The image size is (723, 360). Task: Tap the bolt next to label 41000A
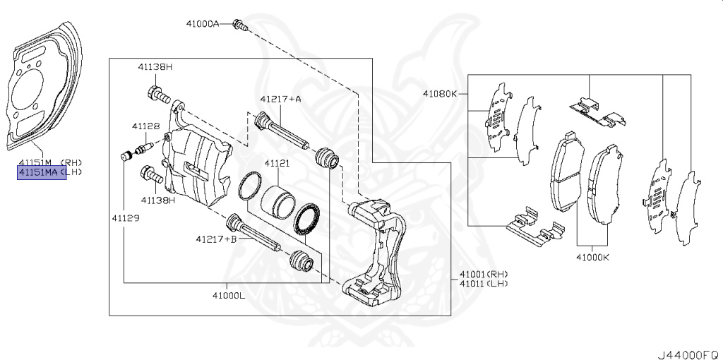[x=240, y=26]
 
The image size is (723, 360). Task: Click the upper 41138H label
[x=155, y=67]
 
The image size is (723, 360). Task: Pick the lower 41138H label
[x=157, y=200]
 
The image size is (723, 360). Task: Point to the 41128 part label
[x=145, y=126]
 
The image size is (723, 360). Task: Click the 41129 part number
[x=124, y=218]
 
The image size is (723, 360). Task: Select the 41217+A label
[x=280, y=100]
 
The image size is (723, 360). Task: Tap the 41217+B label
[x=217, y=239]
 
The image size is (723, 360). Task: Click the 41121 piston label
[x=277, y=163]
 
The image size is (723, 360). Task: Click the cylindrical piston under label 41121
[x=276, y=203]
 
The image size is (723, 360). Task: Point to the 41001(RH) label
[x=484, y=274]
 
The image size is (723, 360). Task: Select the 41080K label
[x=440, y=93]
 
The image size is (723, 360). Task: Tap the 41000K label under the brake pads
[x=592, y=258]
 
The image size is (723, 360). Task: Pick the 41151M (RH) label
[x=50, y=162]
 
